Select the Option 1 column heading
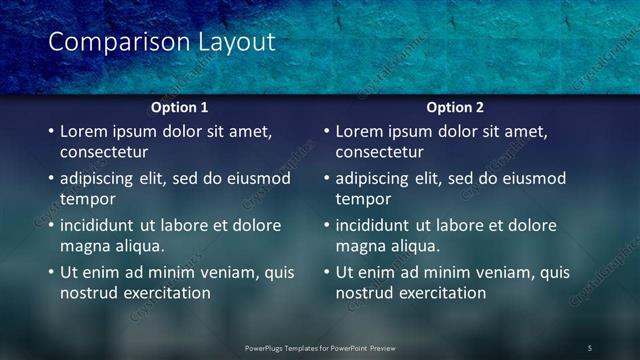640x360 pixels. (180, 107)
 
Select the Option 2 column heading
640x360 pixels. (455, 107)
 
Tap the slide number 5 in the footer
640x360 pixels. (590, 347)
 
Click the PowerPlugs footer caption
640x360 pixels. (320, 347)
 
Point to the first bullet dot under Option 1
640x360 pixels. (51, 131)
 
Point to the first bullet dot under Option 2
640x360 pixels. (326, 131)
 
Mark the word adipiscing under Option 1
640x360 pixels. (101, 178)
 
